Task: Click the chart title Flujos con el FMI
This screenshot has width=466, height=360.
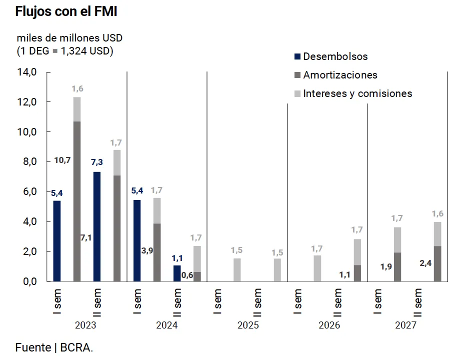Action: pyautogui.click(x=66, y=11)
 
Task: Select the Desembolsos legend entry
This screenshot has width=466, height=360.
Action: pyautogui.click(x=335, y=56)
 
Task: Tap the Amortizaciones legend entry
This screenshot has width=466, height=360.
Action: pyautogui.click(x=340, y=75)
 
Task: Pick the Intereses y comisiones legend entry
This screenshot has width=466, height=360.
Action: pyautogui.click(x=357, y=93)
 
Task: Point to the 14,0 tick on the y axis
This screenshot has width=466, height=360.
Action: pyautogui.click(x=26, y=72)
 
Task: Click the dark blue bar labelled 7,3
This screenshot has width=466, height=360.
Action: pyautogui.click(x=97, y=226)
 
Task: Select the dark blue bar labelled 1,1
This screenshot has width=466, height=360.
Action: pyautogui.click(x=177, y=273)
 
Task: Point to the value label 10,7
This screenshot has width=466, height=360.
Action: pyautogui.click(x=62, y=160)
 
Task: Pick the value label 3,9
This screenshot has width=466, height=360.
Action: pyautogui.click(x=147, y=250)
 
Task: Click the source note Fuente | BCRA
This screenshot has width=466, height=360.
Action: pyautogui.click(x=54, y=347)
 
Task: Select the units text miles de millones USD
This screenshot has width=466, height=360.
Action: pyautogui.click(x=69, y=38)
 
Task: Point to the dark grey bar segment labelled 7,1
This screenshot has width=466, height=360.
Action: pyautogui.click(x=117, y=228)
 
